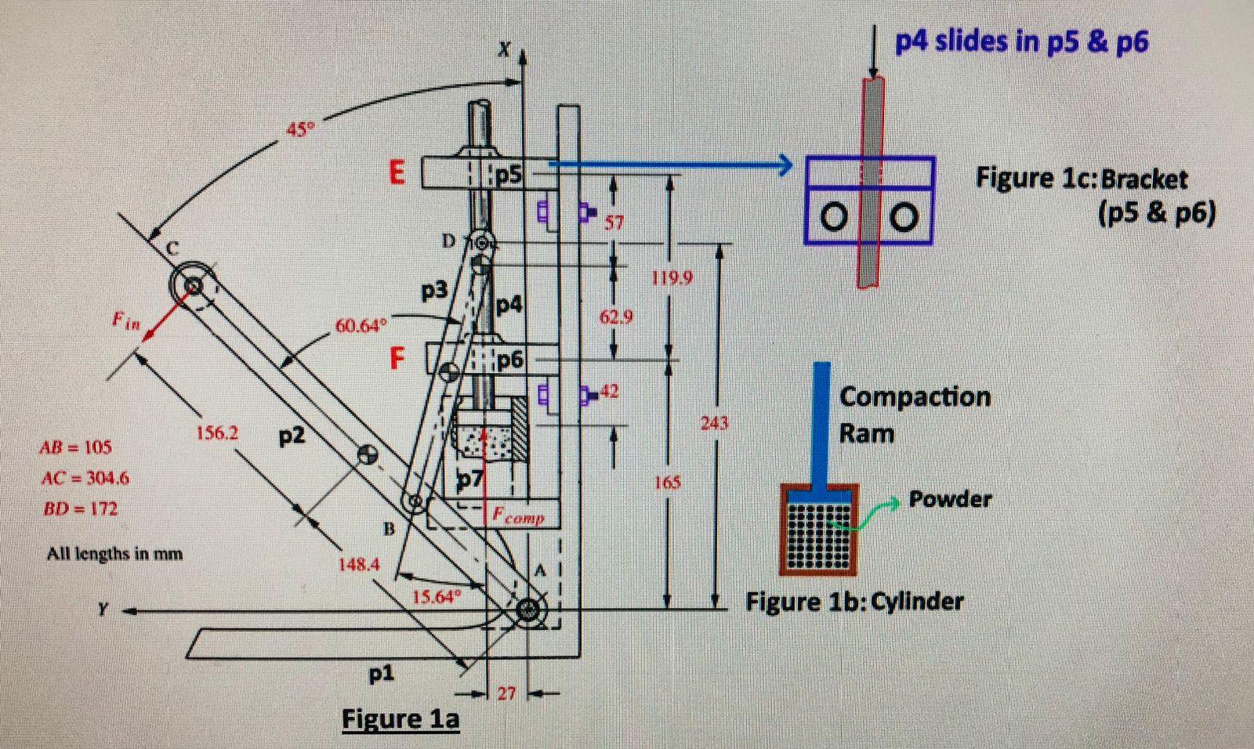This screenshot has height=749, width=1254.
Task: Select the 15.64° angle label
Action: coord(433,597)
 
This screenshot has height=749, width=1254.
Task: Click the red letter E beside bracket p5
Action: coord(397,172)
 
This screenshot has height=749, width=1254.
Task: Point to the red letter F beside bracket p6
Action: coord(398,359)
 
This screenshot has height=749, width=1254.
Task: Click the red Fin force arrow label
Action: coord(125,320)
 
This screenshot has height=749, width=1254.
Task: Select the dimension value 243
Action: coord(714,423)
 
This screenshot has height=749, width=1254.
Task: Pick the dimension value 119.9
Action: coord(672,277)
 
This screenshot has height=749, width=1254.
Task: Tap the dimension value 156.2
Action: coord(217,432)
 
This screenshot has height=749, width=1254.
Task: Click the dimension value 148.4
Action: coord(359,564)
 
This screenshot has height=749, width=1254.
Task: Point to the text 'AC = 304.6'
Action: coord(85,477)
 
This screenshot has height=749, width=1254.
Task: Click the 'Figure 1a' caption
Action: coord(400,718)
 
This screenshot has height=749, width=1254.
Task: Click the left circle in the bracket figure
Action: coord(835,216)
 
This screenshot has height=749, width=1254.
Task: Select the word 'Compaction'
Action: coord(915,396)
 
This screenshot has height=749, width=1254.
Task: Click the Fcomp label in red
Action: coord(519,516)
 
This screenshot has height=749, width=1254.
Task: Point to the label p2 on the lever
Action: coord(292,436)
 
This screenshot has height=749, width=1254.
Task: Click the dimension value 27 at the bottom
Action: coord(507,693)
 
